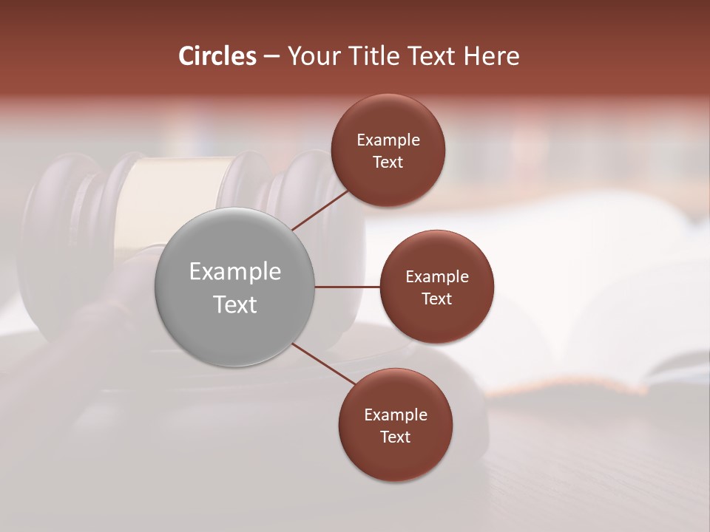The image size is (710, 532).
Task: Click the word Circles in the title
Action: click(x=217, y=56)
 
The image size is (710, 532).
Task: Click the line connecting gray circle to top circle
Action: click(x=322, y=209)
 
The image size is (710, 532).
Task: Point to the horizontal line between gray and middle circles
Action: click(x=347, y=287)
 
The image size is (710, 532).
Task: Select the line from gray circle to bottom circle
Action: click(x=325, y=366)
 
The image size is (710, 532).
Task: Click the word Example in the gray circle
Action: click(x=235, y=272)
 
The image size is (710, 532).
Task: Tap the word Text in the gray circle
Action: click(x=235, y=304)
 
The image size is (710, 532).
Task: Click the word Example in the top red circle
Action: click(x=388, y=140)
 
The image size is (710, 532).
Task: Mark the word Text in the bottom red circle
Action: click(x=395, y=437)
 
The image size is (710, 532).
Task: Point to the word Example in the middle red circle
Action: click(x=436, y=277)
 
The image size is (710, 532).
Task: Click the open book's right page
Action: click(x=629, y=310)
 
